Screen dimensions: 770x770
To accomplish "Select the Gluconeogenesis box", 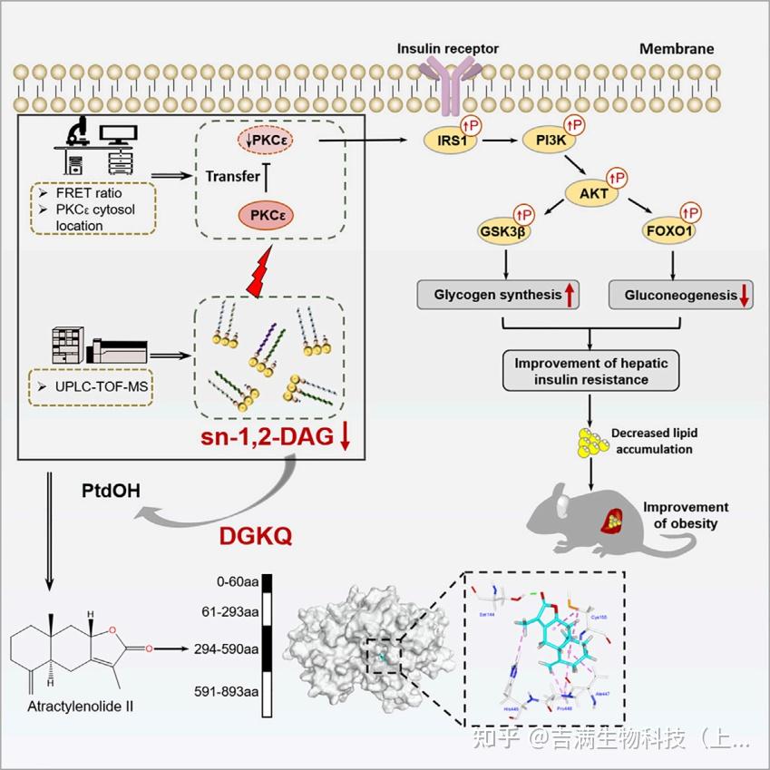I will (677, 296).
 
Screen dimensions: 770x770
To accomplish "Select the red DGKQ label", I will (256, 537).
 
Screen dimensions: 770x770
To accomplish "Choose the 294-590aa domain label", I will (226, 649).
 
